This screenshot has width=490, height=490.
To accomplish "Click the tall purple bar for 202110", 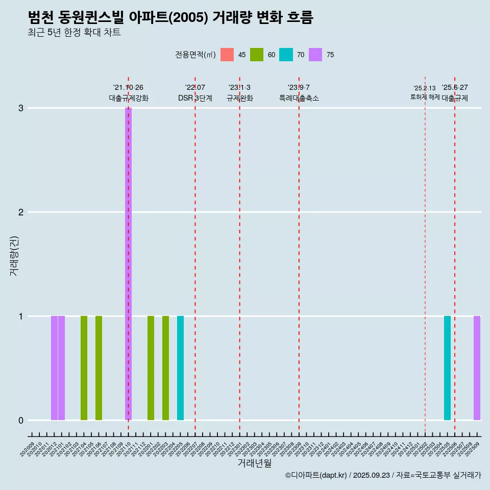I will coord(128,263).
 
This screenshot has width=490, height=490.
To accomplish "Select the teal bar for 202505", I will coord(447,368).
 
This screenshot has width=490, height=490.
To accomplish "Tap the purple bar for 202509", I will coord(477,368).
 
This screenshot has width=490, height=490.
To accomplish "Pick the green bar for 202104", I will coord(84,368).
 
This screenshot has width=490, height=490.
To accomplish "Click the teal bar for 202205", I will coord(180,368).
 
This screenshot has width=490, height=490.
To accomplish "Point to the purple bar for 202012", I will coord(54,368).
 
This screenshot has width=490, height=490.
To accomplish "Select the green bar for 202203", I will coord(165,368).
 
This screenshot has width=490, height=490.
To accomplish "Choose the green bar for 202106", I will coord(99,368).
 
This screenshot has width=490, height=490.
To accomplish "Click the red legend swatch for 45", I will coord(227,55).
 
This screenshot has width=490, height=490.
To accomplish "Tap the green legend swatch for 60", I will coord(257,55).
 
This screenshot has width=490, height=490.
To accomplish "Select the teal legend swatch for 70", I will coord(286,55).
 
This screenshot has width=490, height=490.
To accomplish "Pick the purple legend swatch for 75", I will coord(315,55).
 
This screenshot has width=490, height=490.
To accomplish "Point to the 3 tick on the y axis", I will coord(21,108).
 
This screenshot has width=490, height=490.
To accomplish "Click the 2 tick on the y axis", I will coord(21,212).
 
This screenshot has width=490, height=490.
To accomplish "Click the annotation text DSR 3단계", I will coord(195,98).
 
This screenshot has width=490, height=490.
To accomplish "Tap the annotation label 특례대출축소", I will coord(299,98).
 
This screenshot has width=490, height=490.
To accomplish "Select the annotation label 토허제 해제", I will coord(425,97).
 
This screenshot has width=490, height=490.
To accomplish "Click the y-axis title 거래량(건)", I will coord(14,255).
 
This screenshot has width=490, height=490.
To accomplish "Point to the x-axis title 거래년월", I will coord(254,463).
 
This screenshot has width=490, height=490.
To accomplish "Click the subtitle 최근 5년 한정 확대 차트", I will coord(74,33).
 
